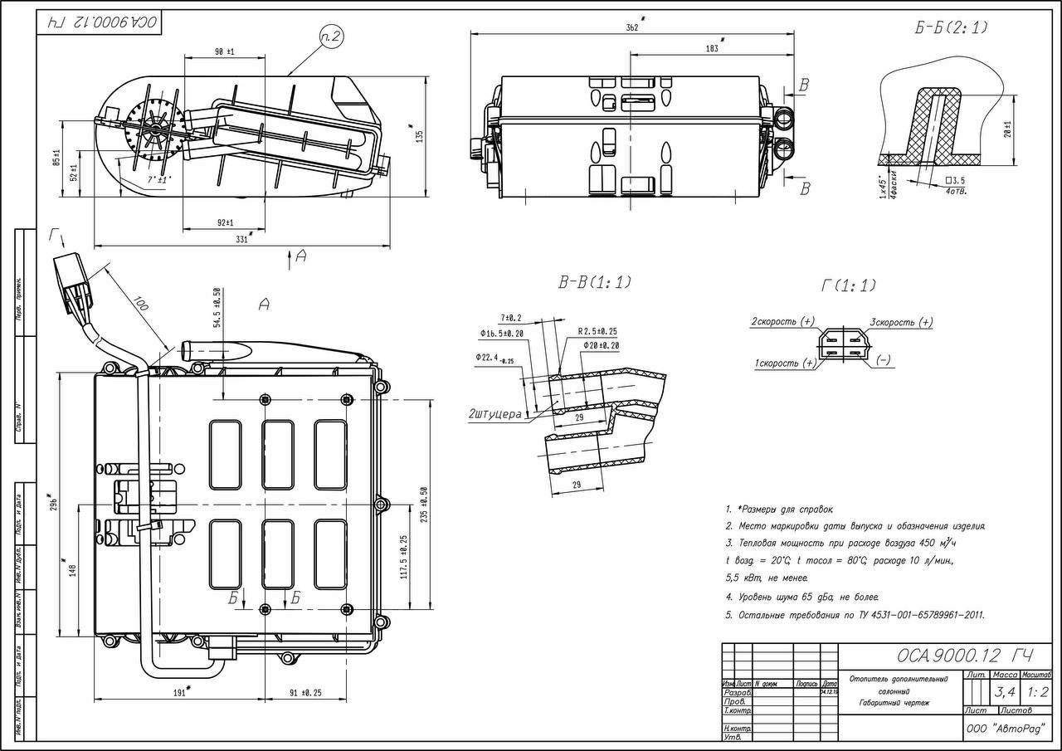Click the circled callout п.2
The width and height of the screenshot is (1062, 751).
(331, 36)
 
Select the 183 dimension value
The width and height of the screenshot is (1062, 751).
(712, 48)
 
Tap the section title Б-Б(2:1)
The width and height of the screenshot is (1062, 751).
(952, 28)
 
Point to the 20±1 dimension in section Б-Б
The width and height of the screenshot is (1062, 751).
(1006, 129)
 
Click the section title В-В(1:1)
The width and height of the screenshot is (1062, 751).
(594, 282)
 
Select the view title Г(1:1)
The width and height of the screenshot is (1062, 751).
(848, 285)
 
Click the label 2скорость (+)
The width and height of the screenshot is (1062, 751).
(783, 321)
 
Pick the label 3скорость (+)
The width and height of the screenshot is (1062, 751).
(901, 322)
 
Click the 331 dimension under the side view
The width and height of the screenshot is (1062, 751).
(241, 239)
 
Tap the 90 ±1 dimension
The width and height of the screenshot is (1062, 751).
(224, 51)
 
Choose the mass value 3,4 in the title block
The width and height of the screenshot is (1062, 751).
(1005, 691)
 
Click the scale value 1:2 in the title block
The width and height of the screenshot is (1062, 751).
(1037, 691)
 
